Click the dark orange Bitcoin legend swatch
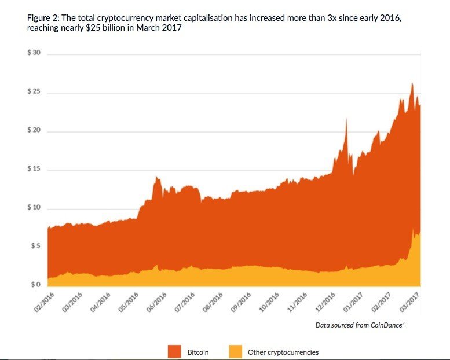(x=175, y=351)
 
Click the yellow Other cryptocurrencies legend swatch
(x=236, y=351)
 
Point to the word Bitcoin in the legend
(x=198, y=352)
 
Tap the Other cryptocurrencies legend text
(x=283, y=352)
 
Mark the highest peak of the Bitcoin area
(x=412, y=84)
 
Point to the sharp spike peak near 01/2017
(x=346, y=119)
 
